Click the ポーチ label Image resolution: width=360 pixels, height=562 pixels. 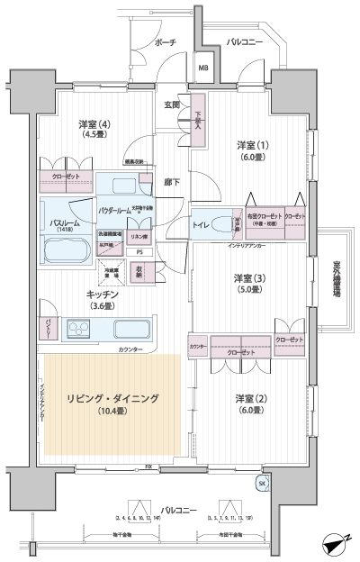point(165,42)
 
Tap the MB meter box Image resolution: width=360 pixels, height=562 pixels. point(203,68)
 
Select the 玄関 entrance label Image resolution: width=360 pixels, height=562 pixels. point(172,104)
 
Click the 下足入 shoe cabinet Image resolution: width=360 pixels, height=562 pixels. point(198,118)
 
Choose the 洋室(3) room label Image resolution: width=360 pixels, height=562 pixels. point(248,283)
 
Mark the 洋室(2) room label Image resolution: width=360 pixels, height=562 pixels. point(249,404)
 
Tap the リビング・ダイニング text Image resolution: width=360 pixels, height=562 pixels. point(112,398)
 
